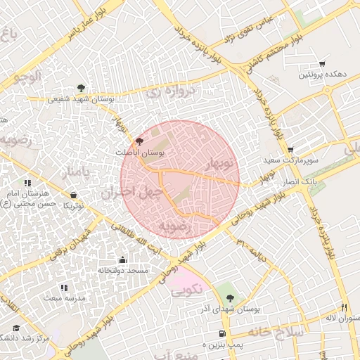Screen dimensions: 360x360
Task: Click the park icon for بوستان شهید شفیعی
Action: click(82, 88)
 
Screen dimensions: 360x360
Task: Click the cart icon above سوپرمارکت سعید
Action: click(290, 150)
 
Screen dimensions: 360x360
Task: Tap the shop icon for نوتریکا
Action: click(74, 195)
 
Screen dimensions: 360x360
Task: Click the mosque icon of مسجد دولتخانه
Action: click(123, 259)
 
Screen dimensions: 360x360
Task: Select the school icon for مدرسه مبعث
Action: click(64, 288)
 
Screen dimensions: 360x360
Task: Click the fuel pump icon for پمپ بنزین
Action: click(223, 333)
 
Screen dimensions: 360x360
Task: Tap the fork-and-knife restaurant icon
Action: click(344, 307)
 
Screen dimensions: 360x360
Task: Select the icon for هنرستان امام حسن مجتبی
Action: click(27, 184)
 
